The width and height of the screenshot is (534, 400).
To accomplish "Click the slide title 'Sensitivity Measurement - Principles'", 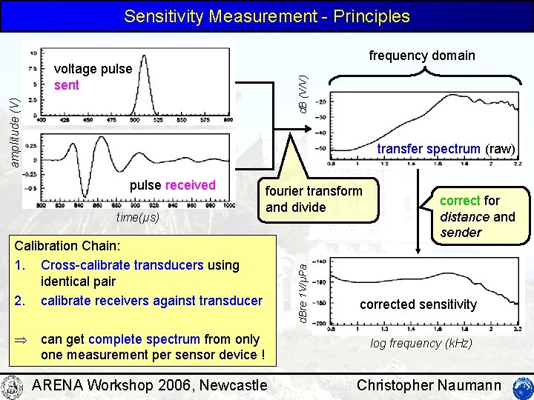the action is (267, 16).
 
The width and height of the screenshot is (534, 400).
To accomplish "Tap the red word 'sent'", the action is (67, 85).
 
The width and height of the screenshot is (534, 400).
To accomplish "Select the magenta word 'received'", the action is (191, 185).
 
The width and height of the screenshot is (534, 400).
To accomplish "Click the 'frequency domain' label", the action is (422, 56).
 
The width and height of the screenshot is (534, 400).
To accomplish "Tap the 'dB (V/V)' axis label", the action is (303, 88).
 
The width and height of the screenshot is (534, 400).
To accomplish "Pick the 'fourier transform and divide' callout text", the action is (314, 199).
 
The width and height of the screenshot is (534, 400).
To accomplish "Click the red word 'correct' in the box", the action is (460, 201).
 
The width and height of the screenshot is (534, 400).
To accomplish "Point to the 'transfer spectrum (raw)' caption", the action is (446, 149).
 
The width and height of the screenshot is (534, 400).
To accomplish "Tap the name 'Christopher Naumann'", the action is (429, 385).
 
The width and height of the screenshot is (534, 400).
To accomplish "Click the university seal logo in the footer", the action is (13, 386).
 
